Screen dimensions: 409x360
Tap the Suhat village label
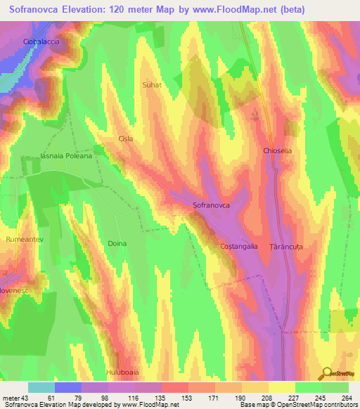tap(153, 85)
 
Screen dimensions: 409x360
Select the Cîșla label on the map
tap(126, 139)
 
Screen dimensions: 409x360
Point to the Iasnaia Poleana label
tap(67, 156)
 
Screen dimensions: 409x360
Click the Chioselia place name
tap(277, 151)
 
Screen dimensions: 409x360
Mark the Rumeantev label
tap(25, 240)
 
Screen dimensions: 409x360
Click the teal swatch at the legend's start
tap(41, 387)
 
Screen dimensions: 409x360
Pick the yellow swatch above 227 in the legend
tap(282, 387)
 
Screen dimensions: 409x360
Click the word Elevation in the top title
tap(79, 10)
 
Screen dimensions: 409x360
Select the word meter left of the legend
tap(12, 398)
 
